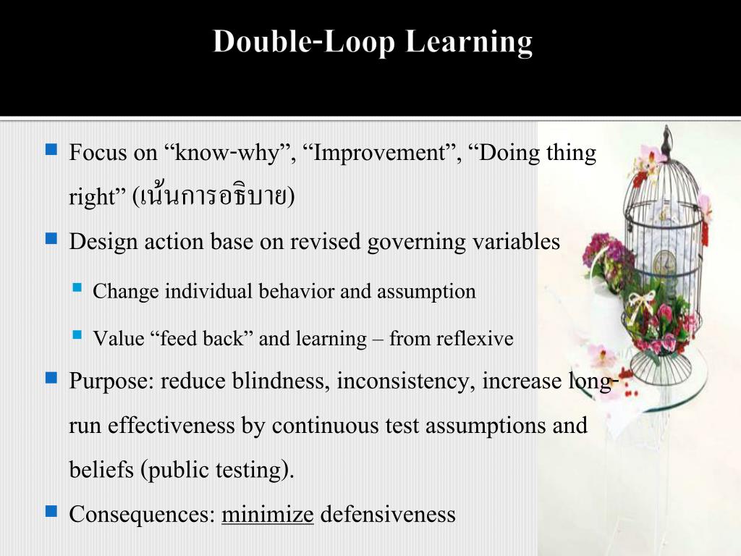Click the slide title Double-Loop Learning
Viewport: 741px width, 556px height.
373,42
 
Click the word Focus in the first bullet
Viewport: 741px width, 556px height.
92,153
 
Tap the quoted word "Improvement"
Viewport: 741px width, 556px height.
379,153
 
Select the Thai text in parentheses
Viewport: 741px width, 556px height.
213,197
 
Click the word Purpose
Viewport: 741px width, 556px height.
111,381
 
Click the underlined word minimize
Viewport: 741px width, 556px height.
267,515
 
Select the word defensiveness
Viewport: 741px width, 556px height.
388,515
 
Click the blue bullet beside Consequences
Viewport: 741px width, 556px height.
51,512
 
